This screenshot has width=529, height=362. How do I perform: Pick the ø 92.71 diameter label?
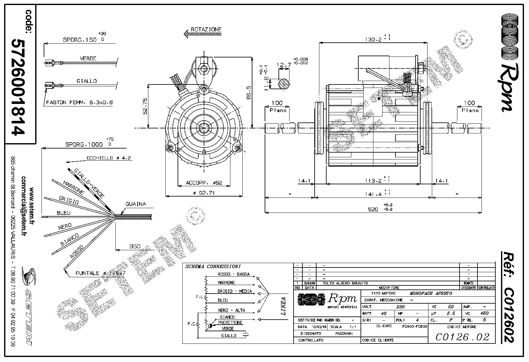204,193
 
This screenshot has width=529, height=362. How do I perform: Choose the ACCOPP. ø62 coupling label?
204,183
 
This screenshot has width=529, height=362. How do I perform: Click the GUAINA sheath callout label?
136,204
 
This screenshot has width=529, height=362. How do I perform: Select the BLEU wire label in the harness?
63,213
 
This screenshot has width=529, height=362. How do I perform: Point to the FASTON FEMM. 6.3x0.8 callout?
79,102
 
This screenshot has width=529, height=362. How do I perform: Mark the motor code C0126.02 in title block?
462,337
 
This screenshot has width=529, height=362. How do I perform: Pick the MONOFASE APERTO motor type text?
431,293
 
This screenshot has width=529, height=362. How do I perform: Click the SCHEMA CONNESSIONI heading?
213,267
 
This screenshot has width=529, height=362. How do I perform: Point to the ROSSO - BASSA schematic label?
234,274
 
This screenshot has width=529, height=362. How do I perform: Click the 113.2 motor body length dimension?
373,181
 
